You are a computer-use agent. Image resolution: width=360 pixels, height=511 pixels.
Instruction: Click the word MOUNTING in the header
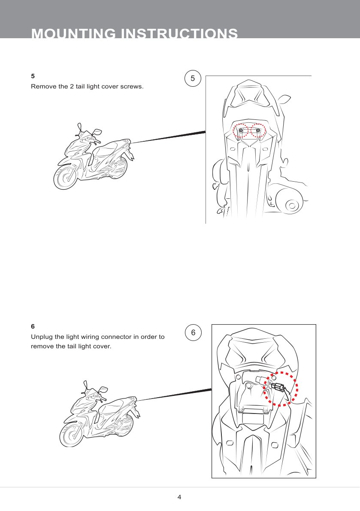(73, 33)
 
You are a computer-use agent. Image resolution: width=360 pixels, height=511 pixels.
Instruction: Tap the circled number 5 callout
(193, 79)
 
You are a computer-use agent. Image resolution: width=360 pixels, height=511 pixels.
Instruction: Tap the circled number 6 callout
(194, 332)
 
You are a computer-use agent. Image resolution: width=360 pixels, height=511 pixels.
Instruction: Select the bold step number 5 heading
(33, 76)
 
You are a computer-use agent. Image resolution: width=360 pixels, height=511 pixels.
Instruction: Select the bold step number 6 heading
(33, 326)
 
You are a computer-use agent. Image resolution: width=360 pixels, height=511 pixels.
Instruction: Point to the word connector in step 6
(117, 337)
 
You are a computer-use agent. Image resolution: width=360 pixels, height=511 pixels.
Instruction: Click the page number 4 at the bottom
(179, 497)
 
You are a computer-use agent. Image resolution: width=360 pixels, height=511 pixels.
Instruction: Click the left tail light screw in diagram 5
(241, 131)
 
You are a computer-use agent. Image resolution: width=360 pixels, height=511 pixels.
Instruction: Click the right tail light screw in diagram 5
(258, 131)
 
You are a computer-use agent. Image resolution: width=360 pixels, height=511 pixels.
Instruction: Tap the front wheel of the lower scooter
(72, 435)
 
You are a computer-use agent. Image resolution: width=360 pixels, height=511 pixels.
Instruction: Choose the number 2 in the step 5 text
(72, 87)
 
